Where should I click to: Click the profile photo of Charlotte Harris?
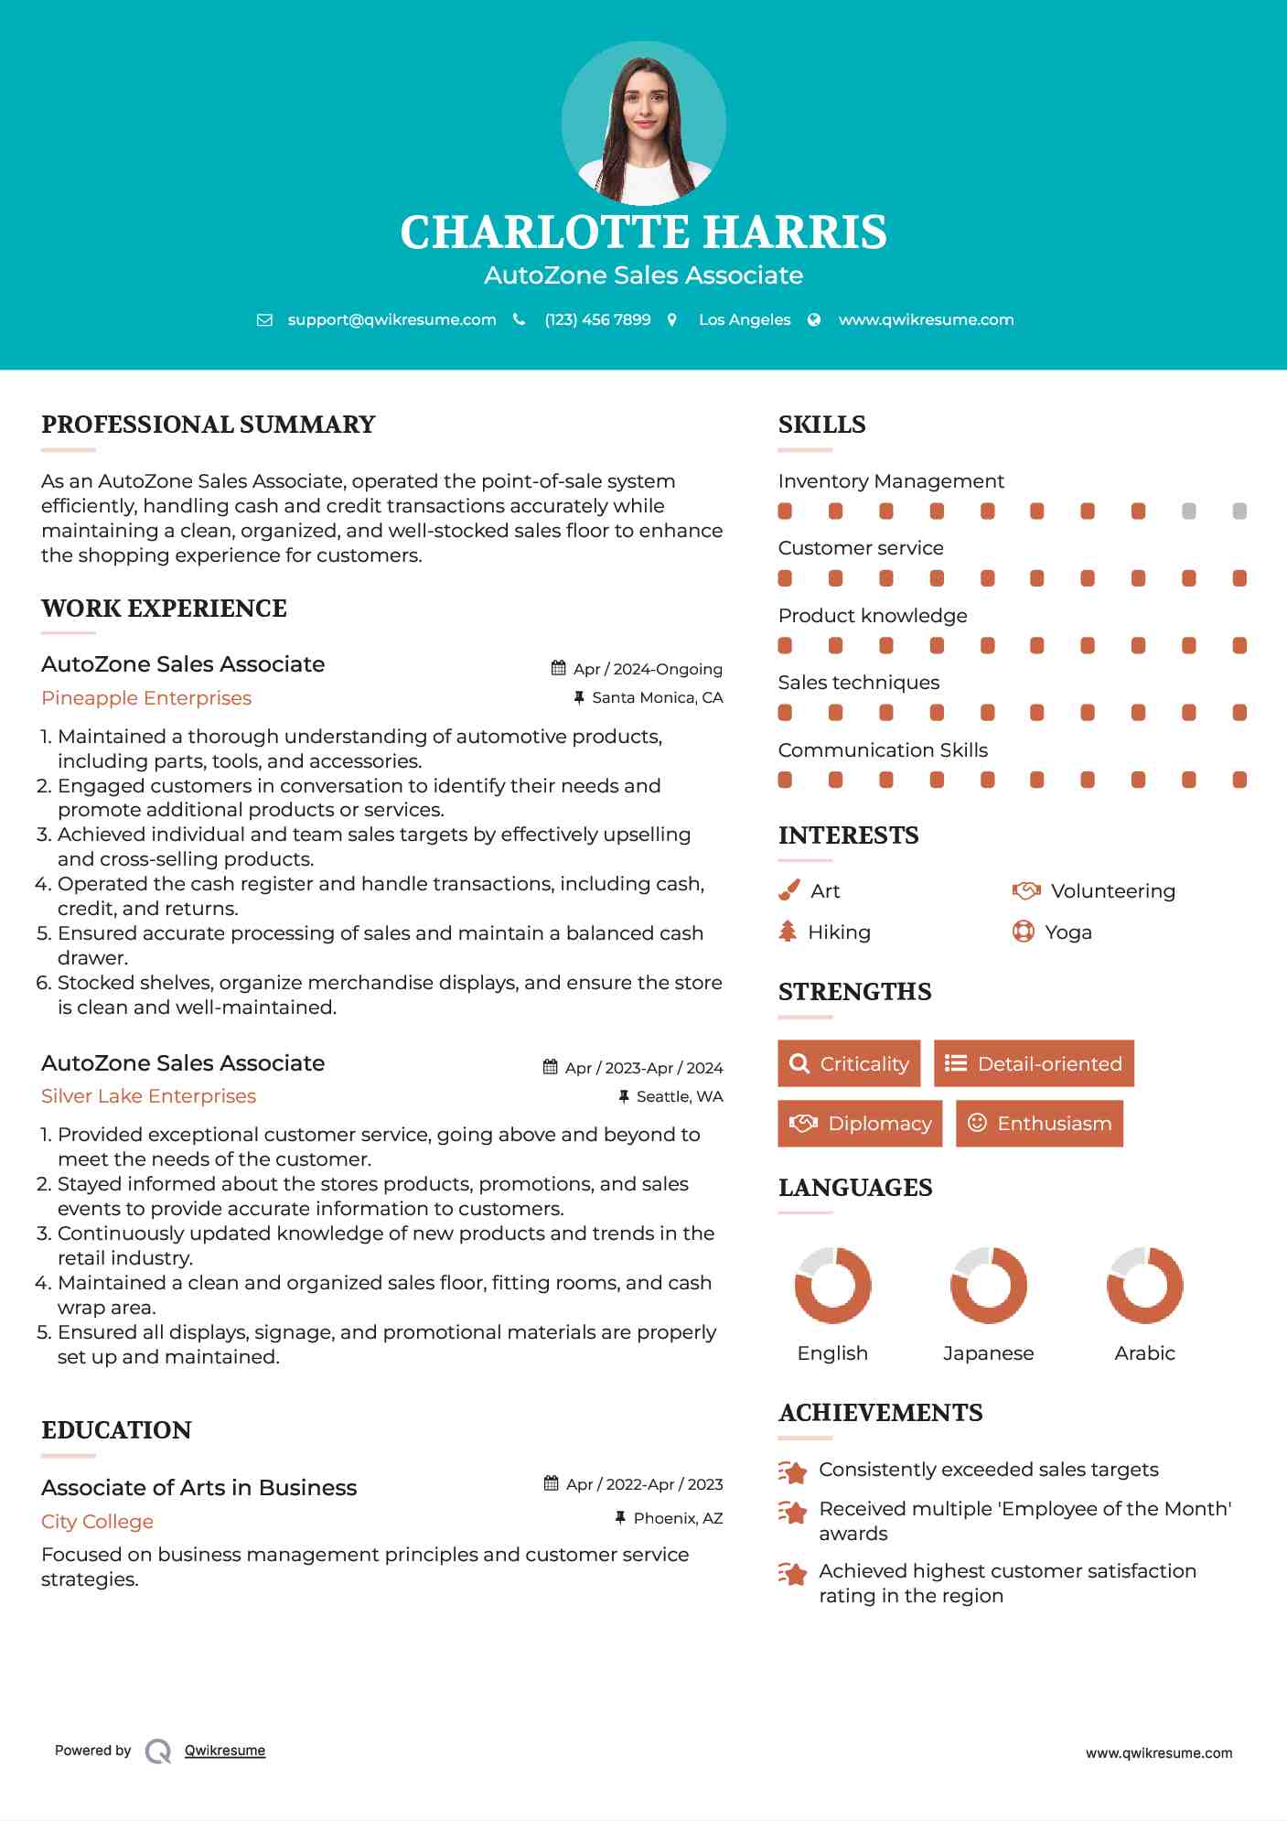pos(643,123)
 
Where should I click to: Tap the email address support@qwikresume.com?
pos(391,319)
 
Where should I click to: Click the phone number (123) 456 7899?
pos(597,319)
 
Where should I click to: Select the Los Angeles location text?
pos(745,319)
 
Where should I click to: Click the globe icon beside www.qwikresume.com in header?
pos(814,319)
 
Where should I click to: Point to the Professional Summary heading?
pos(209,425)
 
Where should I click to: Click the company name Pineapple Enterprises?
pos(146,698)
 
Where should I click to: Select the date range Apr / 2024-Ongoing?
pos(648,669)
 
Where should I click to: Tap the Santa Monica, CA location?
pos(657,697)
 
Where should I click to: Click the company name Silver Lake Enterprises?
pos(148,1096)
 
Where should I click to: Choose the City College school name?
pos(97,1521)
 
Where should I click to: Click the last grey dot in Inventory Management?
pos(1239,511)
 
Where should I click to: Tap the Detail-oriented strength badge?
pos(1034,1063)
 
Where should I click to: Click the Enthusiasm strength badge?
pos(1039,1123)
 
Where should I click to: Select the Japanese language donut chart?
pos(988,1285)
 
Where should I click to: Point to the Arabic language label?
pos(1144,1352)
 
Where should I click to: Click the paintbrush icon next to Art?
pos(788,890)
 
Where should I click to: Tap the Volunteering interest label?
pos(1112,890)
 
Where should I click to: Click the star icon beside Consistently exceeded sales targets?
pos(793,1471)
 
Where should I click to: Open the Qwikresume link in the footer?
pos(225,1751)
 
